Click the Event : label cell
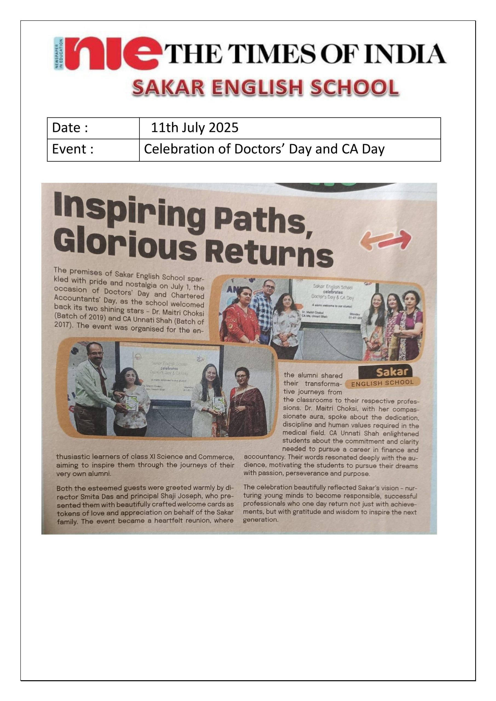tap(93, 150)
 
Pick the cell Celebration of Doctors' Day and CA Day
tap(264, 150)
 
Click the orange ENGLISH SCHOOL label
tap(382, 383)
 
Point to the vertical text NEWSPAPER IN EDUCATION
tap(58, 54)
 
